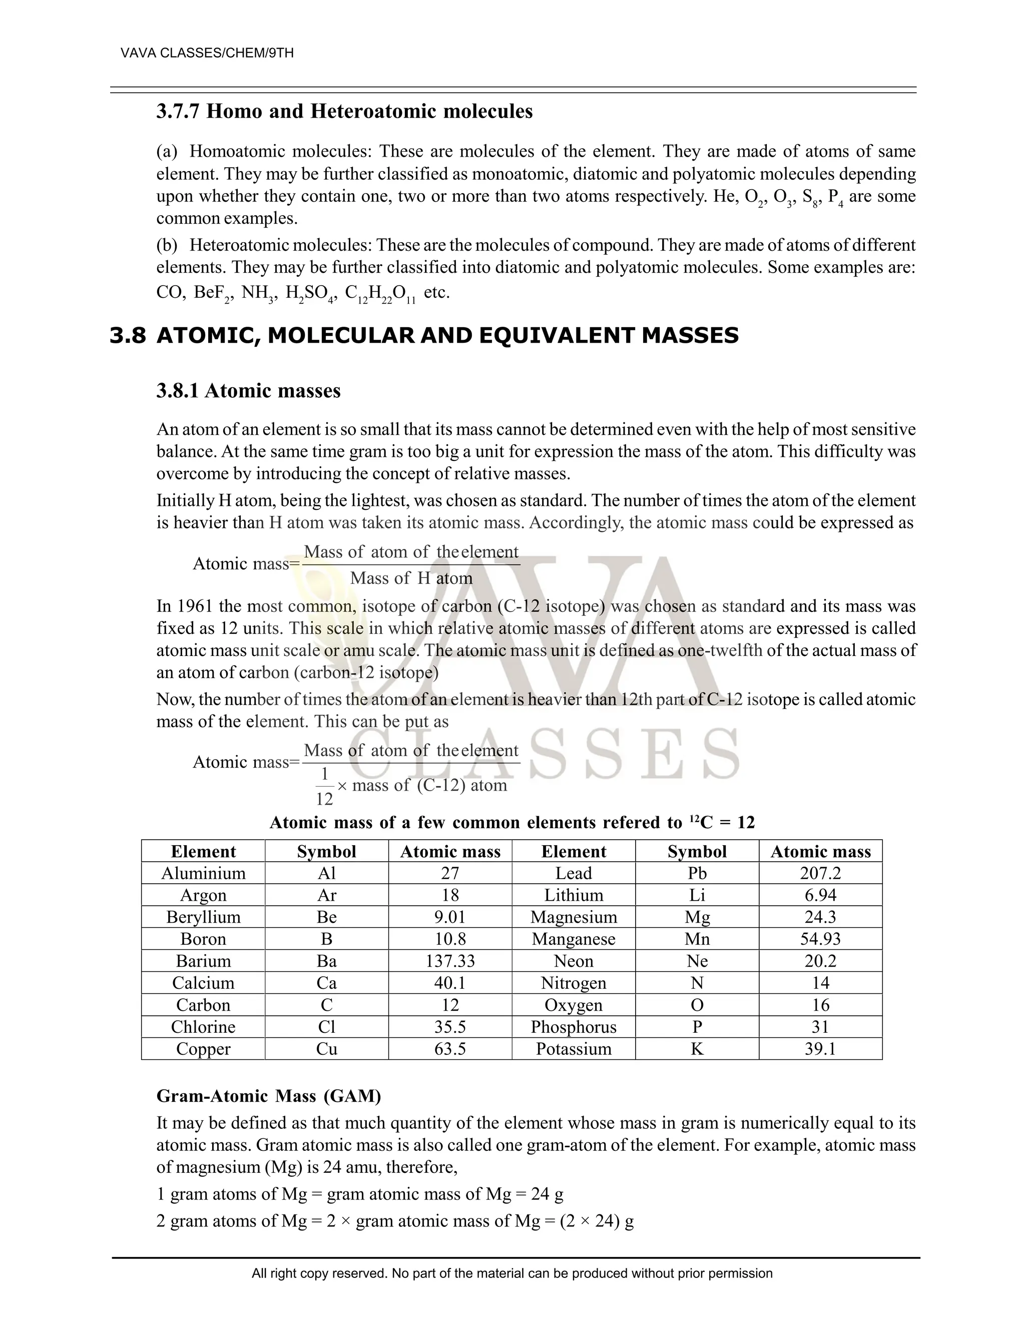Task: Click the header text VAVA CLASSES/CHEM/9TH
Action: pyautogui.click(x=207, y=54)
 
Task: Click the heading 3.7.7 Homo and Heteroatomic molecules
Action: pyautogui.click(x=344, y=112)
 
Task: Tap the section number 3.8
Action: pyautogui.click(x=128, y=335)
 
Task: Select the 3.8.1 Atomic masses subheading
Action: pyautogui.click(x=248, y=390)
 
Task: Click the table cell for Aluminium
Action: pyautogui.click(x=203, y=873)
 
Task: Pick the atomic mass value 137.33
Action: pyautogui.click(x=450, y=961)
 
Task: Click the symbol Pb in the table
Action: pyautogui.click(x=697, y=873)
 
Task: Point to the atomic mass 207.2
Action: pyautogui.click(x=820, y=873)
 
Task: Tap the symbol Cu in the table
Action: pyautogui.click(x=327, y=1049)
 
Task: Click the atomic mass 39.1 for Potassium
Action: pyautogui.click(x=820, y=1049)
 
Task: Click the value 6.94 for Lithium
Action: pyautogui.click(x=820, y=895)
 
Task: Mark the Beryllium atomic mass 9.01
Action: pyautogui.click(x=450, y=917)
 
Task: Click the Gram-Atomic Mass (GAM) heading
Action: pyautogui.click(x=268, y=1096)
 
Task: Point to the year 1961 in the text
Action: pyautogui.click(x=197, y=606)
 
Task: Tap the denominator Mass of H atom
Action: pyautogui.click(x=411, y=578)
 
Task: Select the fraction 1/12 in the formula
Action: pyautogui.click(x=324, y=786)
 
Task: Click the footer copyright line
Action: pyautogui.click(x=512, y=1273)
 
